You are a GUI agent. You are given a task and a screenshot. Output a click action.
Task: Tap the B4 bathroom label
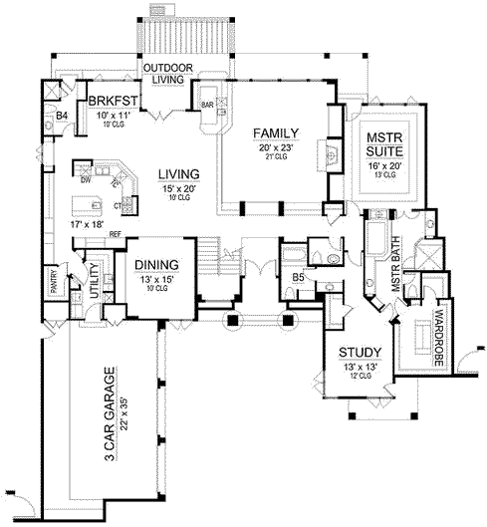click(60, 117)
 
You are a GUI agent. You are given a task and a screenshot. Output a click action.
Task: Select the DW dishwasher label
click(86, 181)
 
